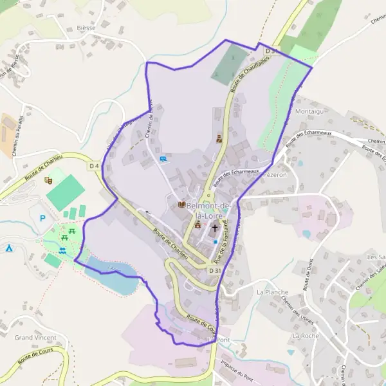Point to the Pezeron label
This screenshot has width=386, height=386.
[x=277, y=174]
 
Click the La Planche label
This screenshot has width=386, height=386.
[x=271, y=291]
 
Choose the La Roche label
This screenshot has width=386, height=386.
[x=305, y=336]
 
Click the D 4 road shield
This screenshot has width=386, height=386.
[x=95, y=166]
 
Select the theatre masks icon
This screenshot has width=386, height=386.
[x=48, y=180]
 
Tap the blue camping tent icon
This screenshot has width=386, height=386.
[x=9, y=248]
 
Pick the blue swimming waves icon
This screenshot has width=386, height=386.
[x=62, y=250]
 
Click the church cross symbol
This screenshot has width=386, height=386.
[x=215, y=228]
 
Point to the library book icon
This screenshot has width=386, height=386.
[x=181, y=205]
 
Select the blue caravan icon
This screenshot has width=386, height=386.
[x=163, y=158]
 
